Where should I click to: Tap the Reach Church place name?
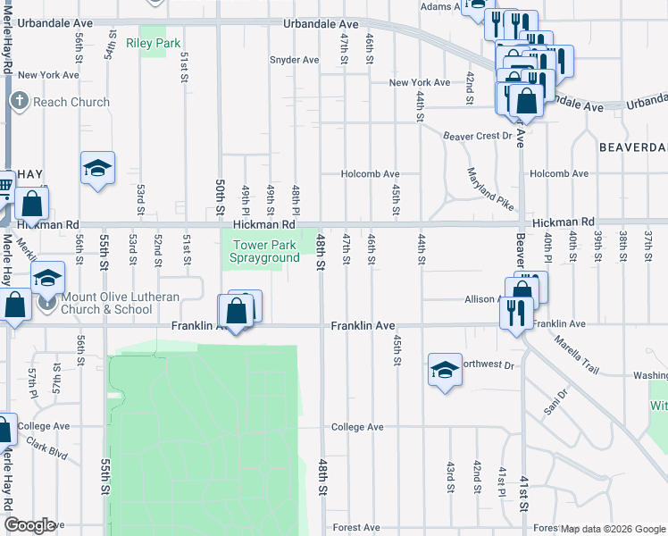tap(71, 102)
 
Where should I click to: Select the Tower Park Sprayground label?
tap(265, 251)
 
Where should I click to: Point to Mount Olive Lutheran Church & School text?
tap(108, 303)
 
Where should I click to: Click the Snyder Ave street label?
tap(294, 60)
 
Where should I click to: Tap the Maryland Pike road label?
tap(489, 188)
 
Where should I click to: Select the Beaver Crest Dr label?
tap(477, 136)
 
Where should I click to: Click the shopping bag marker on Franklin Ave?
tap(236, 313)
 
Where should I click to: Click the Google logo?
tap(29, 525)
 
